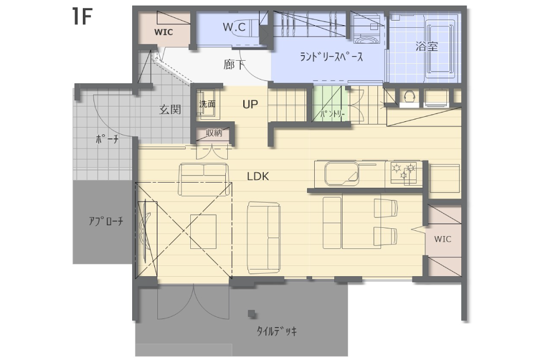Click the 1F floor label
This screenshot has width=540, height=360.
pyautogui.click(x=82, y=16)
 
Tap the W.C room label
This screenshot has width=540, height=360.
pyautogui.click(x=234, y=27)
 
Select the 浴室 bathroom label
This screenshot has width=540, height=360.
pyautogui.click(x=426, y=46)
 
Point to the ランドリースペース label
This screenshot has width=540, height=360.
pyautogui.click(x=331, y=57)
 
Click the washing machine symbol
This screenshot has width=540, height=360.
pyautogui.click(x=368, y=30)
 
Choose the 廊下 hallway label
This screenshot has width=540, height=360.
pyautogui.click(x=234, y=64)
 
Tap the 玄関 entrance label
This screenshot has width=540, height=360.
pyautogui.click(x=170, y=110)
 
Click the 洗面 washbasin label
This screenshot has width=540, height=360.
pyautogui.click(x=207, y=104)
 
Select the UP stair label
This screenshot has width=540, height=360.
pyautogui.click(x=250, y=104)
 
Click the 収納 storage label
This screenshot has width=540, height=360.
pyautogui.click(x=214, y=133)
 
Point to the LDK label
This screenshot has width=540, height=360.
pyautogui.click(x=258, y=176)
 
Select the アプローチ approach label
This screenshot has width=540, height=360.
pyautogui.click(x=106, y=221)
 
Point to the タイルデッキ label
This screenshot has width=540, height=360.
pyautogui.click(x=277, y=331)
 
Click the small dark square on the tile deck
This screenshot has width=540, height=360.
pyautogui.click(x=252, y=314)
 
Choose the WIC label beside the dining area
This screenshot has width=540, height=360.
pyautogui.click(x=442, y=239)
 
